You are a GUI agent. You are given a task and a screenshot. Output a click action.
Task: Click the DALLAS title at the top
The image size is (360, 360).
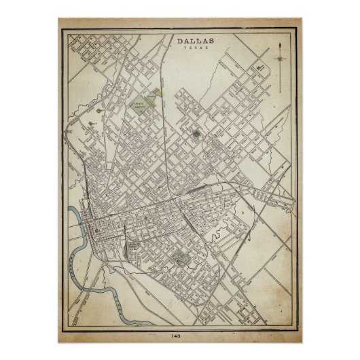[x=196, y=42]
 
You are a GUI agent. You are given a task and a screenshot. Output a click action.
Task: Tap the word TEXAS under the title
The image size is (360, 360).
[x=196, y=50]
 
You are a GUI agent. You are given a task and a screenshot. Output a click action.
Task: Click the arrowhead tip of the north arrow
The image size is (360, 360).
[x=279, y=43]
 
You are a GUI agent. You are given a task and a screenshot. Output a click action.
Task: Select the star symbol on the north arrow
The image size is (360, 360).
[x=279, y=59]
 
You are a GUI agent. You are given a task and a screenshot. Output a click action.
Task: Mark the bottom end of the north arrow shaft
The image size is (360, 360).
[x=279, y=87]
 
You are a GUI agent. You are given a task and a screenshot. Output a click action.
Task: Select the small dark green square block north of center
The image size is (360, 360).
[x=196, y=134]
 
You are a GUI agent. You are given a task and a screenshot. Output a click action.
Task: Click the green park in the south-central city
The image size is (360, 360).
[x=180, y=258]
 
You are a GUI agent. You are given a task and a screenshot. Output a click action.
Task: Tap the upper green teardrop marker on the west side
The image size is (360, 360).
[x=99, y=111]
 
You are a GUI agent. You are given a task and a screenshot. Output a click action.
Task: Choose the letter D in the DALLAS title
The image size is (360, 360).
[x=180, y=42]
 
